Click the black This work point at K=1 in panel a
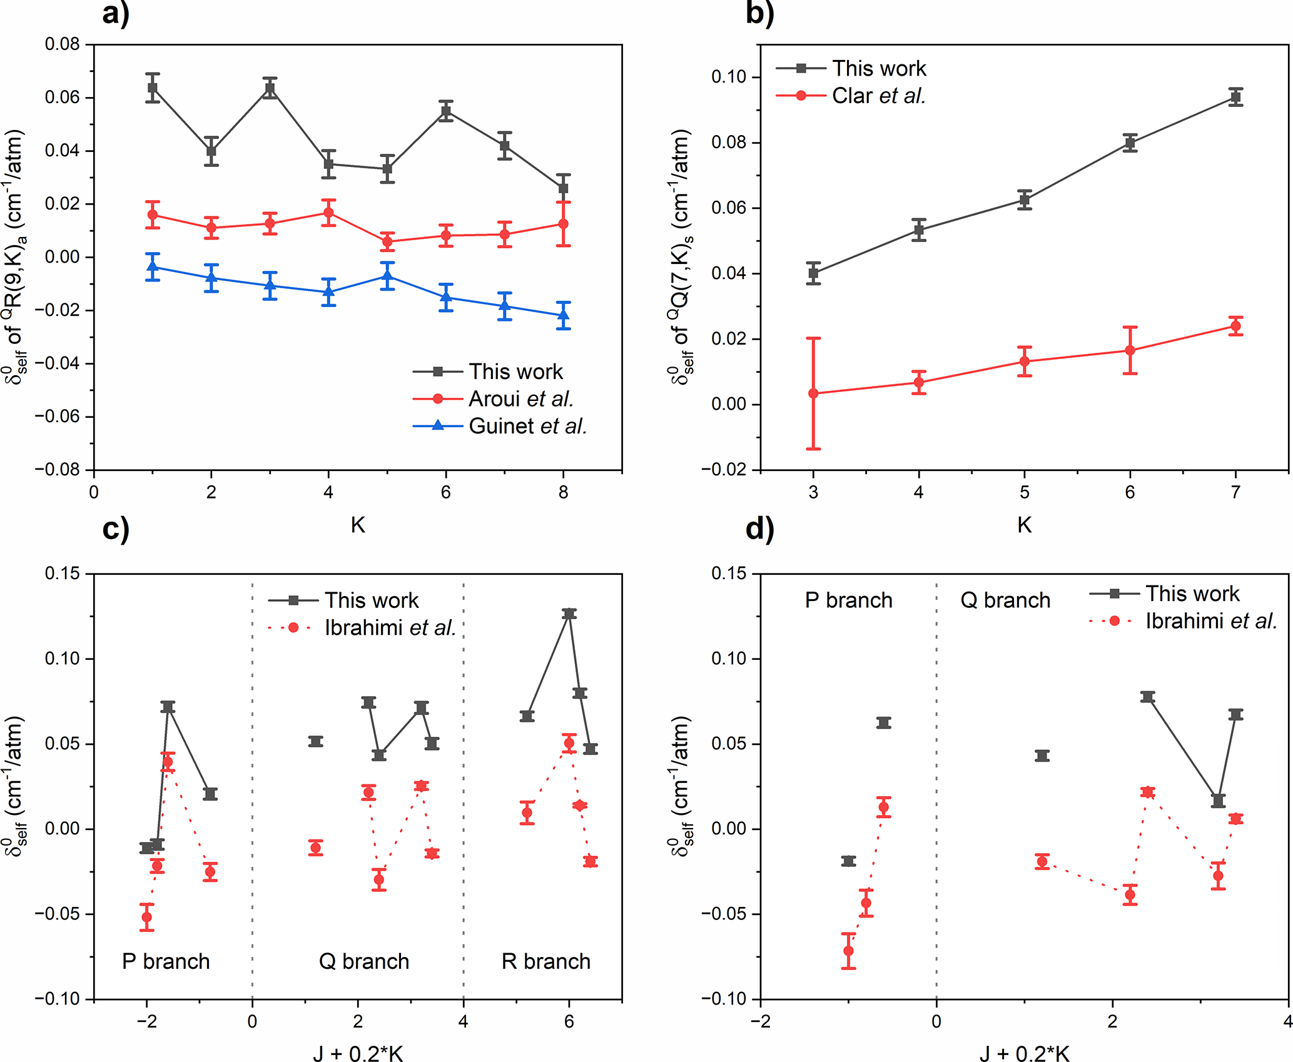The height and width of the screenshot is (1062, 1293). coord(153,88)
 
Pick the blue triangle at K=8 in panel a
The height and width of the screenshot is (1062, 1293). coord(564,316)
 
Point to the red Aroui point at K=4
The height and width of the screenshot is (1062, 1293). coord(328,213)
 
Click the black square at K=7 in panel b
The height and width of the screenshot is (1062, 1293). coord(1235,97)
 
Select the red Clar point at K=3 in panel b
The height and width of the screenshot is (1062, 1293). coord(813,393)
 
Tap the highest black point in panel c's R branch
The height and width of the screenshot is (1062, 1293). coord(569,614)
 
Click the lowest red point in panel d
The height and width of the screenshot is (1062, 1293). coord(848,951)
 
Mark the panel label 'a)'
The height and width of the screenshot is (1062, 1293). coord(116,13)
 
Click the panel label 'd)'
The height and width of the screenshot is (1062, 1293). coord(760,529)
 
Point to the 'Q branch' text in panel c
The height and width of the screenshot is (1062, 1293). coord(364,961)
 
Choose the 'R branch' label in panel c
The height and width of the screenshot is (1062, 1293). coord(546,961)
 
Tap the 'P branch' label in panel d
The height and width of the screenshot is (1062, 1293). coord(848,600)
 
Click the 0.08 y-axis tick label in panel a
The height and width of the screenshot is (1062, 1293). coord(63,44)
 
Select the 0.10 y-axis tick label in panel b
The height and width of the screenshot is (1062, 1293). coord(729,77)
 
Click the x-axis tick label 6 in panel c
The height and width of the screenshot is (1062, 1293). coord(569,1021)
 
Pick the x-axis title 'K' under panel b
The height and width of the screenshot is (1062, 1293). coord(1024,524)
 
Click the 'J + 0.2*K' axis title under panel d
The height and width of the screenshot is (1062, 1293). coord(1024,1053)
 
